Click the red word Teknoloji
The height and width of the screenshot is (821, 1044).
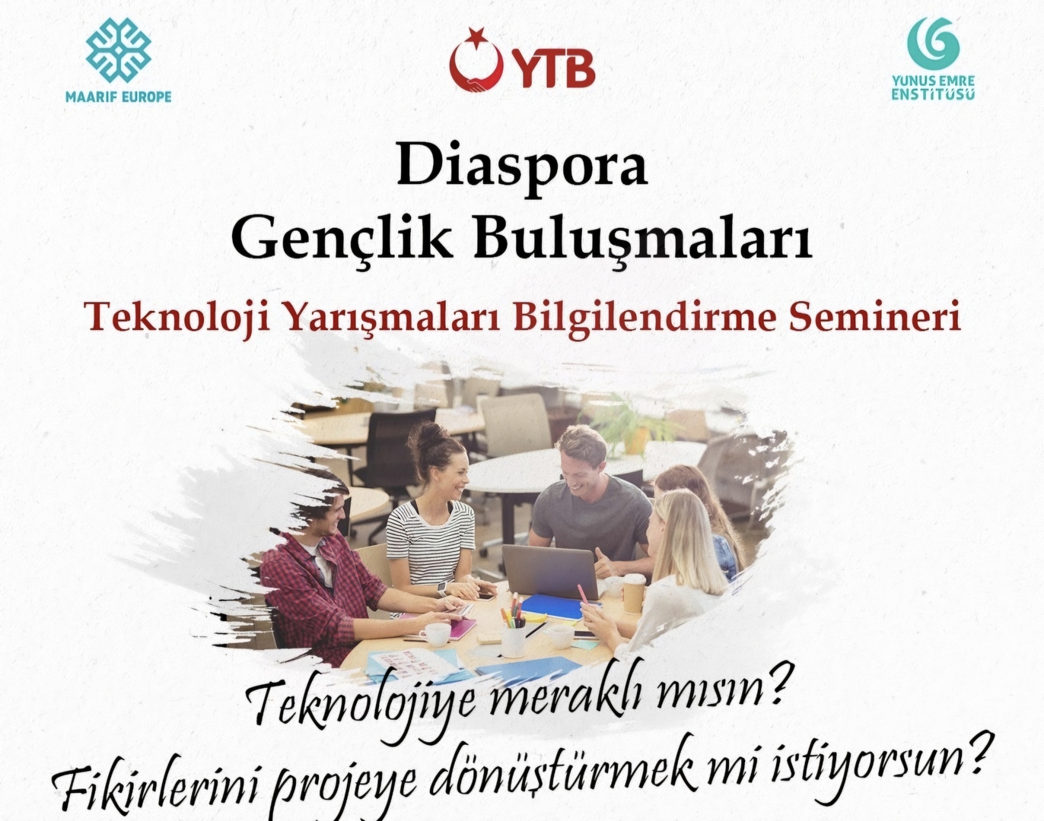[x=180, y=319]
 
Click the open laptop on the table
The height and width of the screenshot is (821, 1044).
[x=550, y=572]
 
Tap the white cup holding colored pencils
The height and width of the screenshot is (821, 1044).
[x=513, y=639]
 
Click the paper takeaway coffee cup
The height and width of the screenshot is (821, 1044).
[x=634, y=593]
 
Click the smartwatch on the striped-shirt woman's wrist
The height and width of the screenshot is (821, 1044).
[x=441, y=587]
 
